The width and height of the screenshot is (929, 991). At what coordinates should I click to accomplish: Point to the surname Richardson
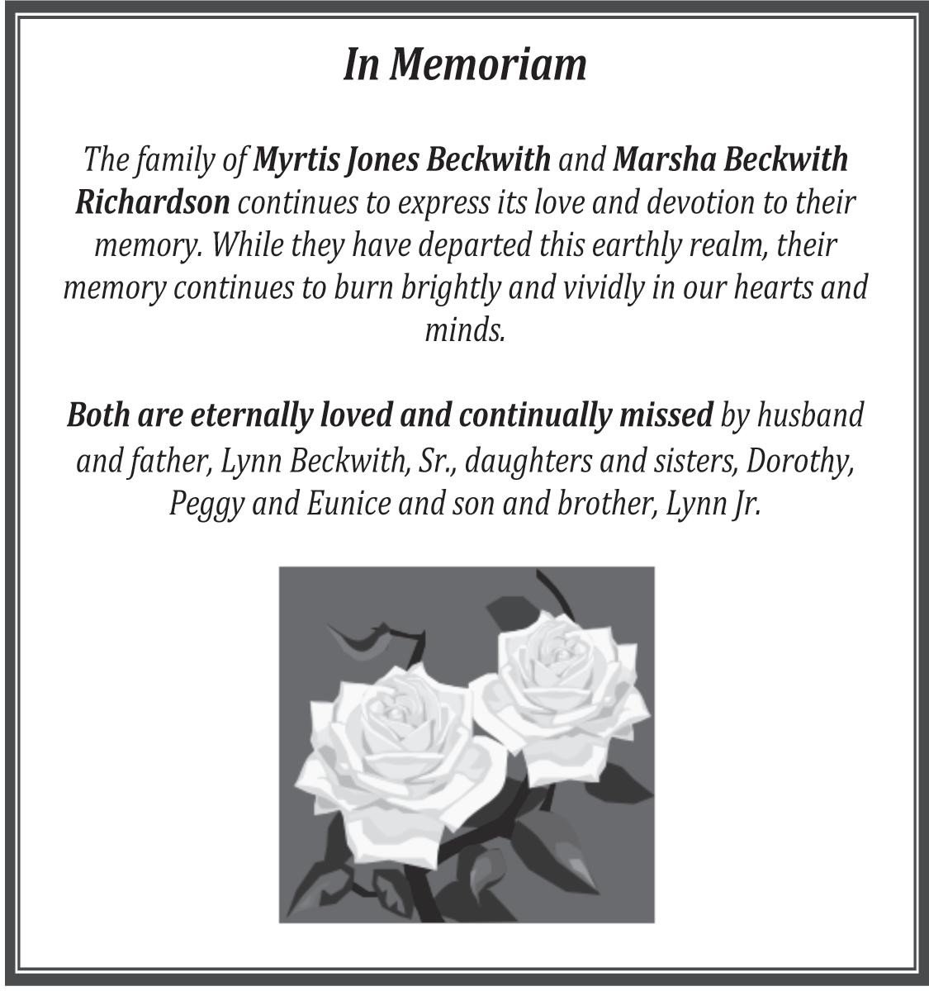click(152, 202)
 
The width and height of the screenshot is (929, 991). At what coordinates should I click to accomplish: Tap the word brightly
click(451, 288)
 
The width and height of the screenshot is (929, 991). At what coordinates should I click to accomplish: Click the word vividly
click(590, 288)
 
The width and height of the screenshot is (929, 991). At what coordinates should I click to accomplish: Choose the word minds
click(464, 330)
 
